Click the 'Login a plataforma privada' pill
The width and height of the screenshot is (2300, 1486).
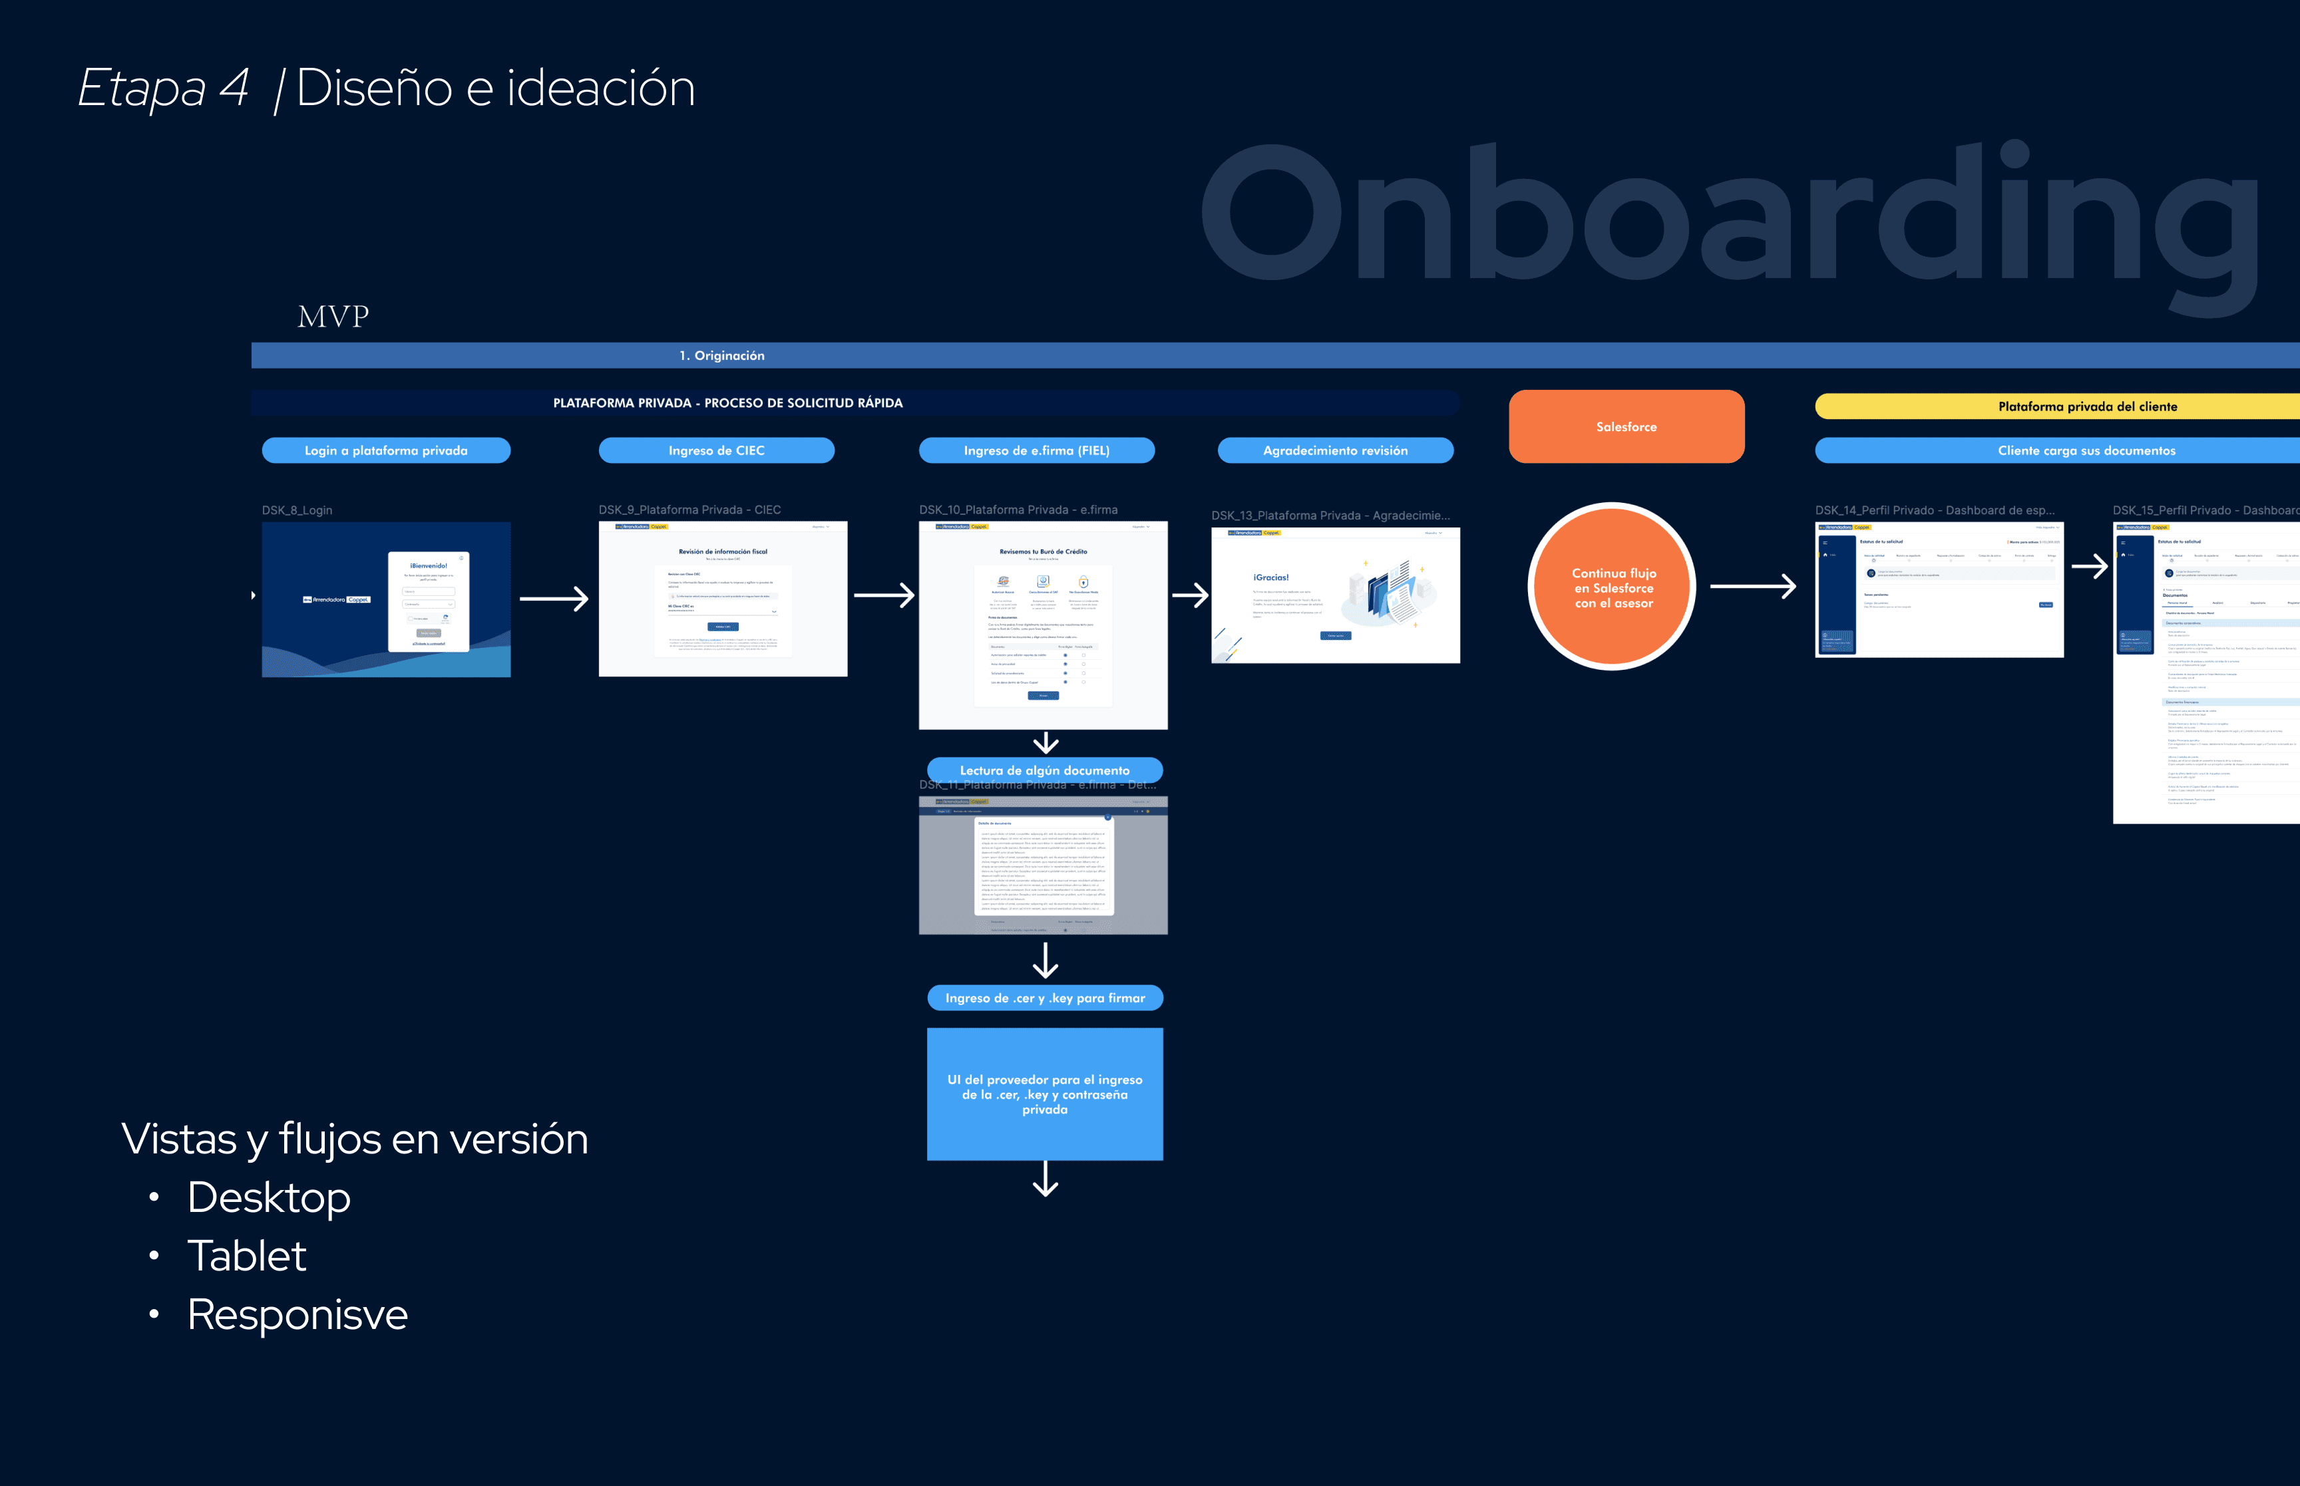[386, 450]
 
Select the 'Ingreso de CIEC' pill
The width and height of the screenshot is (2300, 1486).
[716, 450]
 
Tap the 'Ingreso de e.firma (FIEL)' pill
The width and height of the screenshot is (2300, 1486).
[1037, 450]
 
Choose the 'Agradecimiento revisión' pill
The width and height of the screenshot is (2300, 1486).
[1335, 450]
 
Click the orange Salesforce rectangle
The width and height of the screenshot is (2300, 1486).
[1627, 426]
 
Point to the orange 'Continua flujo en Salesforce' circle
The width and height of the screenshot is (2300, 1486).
[1613, 587]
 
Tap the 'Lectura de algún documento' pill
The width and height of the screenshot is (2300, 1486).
[1044, 770]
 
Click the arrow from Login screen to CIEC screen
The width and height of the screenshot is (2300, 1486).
[554, 599]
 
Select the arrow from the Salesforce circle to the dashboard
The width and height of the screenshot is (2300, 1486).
[1753, 586]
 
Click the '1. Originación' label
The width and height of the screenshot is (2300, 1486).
[722, 356]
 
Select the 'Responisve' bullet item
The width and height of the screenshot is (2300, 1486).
[297, 1314]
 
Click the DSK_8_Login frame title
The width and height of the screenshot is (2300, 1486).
[297, 510]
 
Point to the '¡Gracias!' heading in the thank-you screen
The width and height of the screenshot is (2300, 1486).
[1270, 577]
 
